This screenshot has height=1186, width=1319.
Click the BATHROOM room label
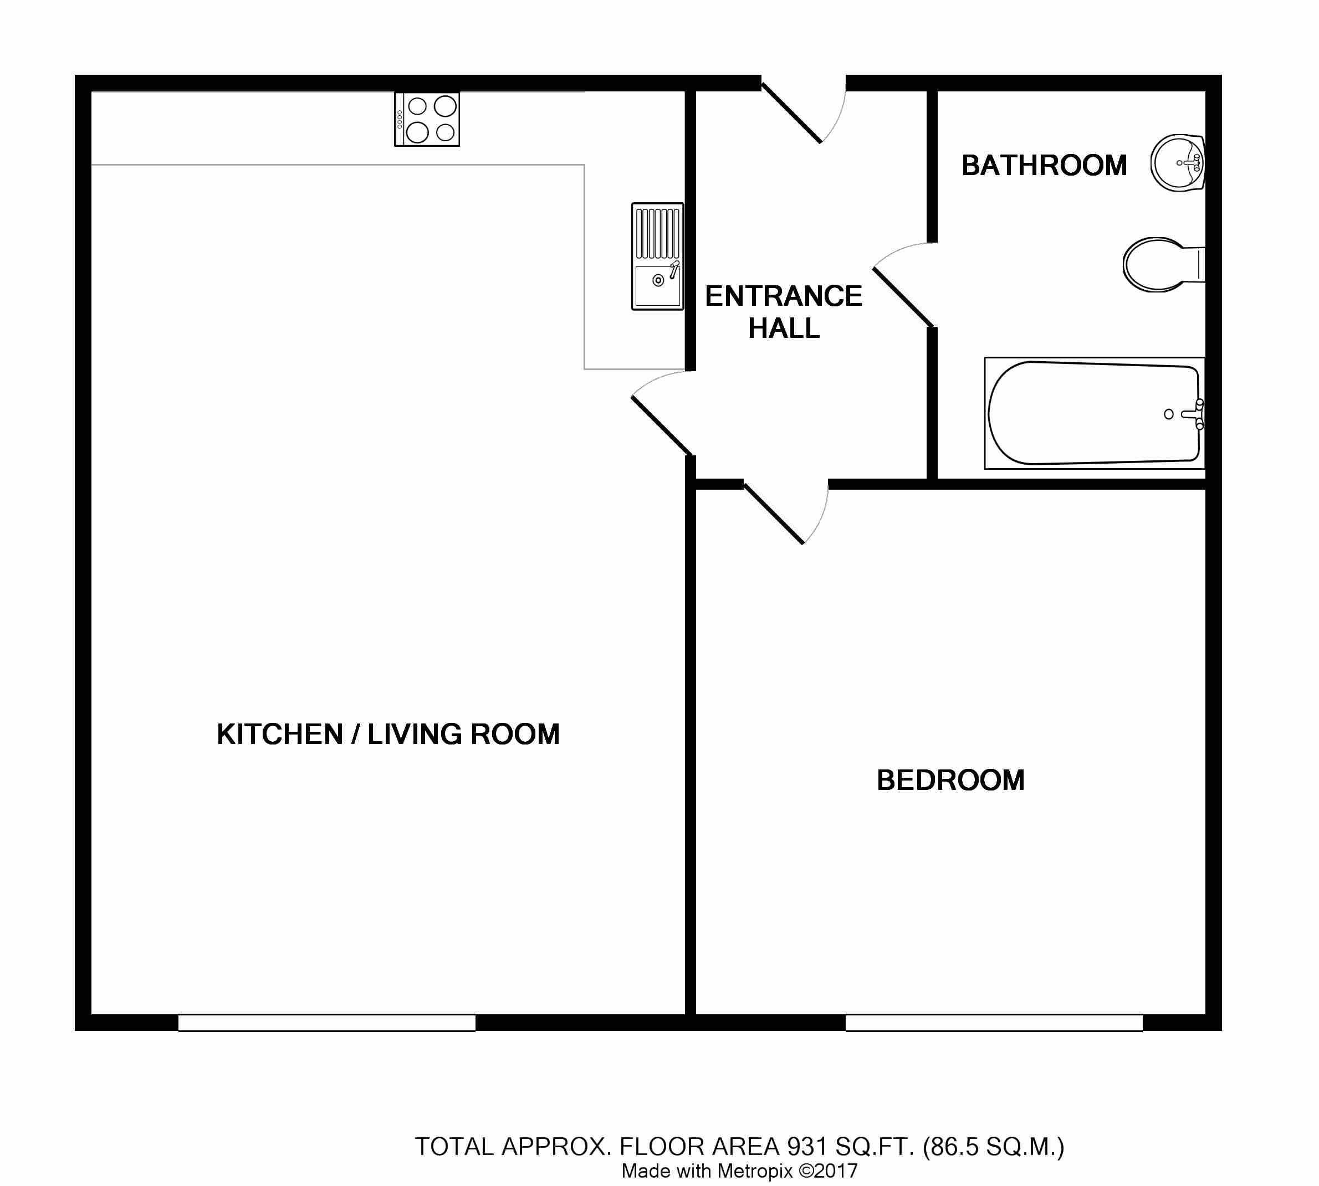[x=1044, y=166]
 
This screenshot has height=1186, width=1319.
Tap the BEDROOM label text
[x=950, y=780]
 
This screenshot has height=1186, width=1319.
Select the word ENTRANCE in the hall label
[x=784, y=296]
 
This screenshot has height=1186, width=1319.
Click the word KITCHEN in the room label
[x=280, y=735]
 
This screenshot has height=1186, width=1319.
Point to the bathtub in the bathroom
[x=1094, y=413]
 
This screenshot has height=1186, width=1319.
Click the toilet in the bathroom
[x=1164, y=265]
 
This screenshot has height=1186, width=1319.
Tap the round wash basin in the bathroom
[x=1178, y=163]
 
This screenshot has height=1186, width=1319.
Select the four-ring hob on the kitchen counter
[x=427, y=119]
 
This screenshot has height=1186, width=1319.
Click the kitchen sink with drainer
[x=658, y=256]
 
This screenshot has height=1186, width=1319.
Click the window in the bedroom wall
[x=994, y=1023]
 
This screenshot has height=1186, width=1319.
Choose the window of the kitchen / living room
[x=326, y=1023]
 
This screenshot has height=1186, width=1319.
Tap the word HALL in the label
[x=784, y=328]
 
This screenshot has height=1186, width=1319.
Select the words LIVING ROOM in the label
[x=463, y=735]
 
